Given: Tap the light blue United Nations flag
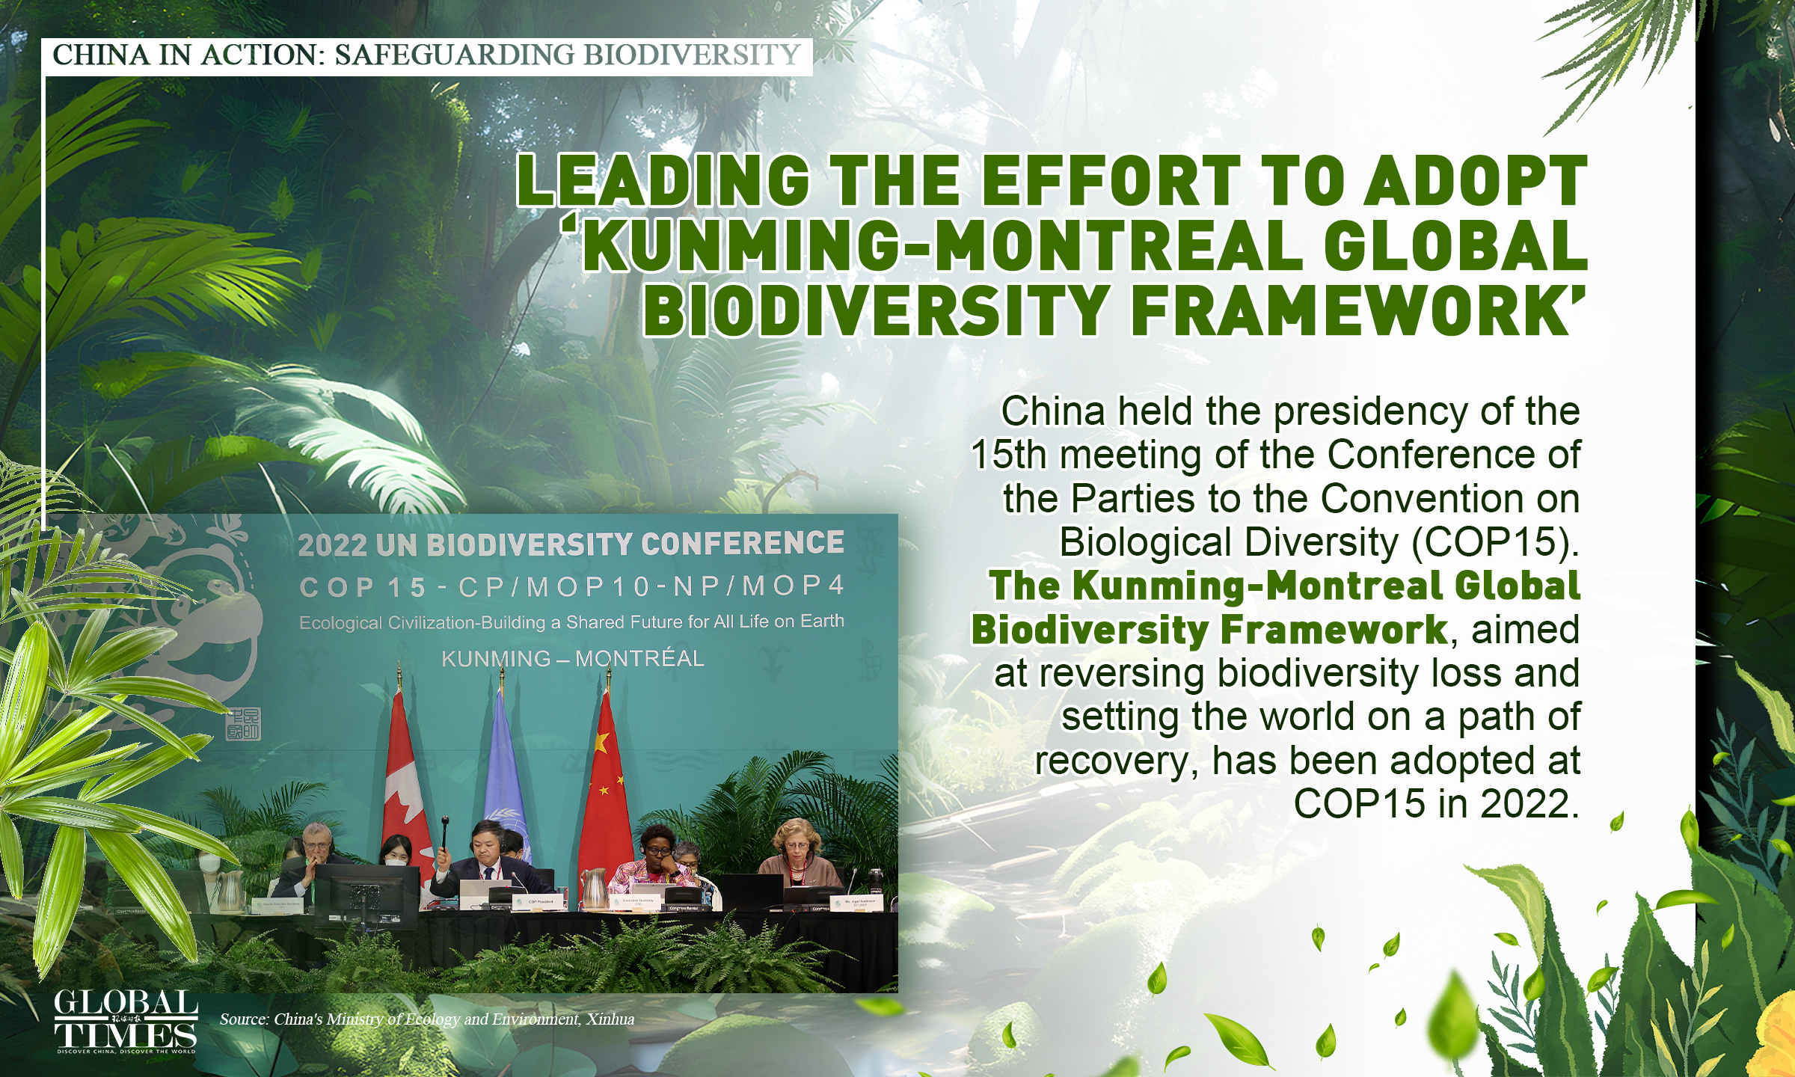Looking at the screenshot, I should coord(506,778).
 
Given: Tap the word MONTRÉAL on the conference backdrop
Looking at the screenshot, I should coord(639,659).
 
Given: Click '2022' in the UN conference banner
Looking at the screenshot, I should coord(332,545).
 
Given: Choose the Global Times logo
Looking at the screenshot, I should coord(126,1021).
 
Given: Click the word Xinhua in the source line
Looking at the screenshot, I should coord(610,1019).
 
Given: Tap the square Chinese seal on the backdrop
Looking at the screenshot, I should coord(243,724).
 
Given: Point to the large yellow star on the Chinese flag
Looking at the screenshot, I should coord(599,743).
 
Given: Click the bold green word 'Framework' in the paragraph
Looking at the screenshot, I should coord(1334,630).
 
